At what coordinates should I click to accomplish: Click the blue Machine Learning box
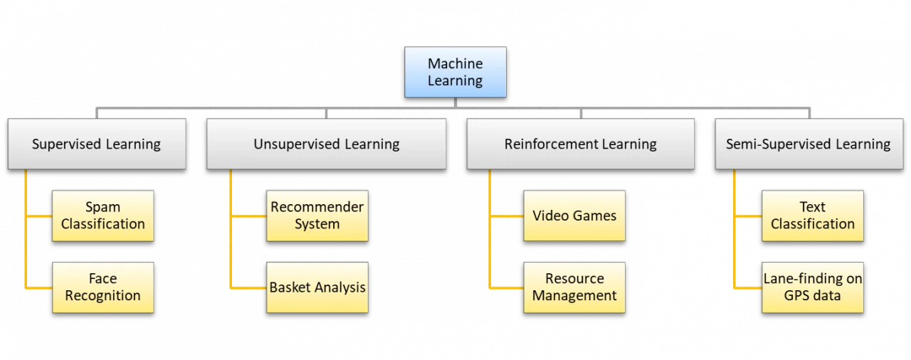pyautogui.click(x=455, y=72)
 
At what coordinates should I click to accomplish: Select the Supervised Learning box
pyautogui.click(x=97, y=144)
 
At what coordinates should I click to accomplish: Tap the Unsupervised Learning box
pyautogui.click(x=326, y=144)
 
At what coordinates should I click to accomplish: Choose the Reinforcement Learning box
pyautogui.click(x=580, y=144)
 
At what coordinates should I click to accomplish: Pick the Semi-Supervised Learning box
pyautogui.click(x=809, y=144)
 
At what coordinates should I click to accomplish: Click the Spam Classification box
pyautogui.click(x=103, y=216)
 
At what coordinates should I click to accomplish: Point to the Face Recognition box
pyautogui.click(x=103, y=287)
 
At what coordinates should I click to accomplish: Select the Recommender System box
pyautogui.click(x=317, y=216)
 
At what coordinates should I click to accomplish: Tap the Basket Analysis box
pyautogui.click(x=317, y=287)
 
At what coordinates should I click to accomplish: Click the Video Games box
pyautogui.click(x=574, y=216)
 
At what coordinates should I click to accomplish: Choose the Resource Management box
pyautogui.click(x=574, y=287)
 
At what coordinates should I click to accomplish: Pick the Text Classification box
pyautogui.click(x=813, y=216)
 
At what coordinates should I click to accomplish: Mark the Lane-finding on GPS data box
pyautogui.click(x=813, y=287)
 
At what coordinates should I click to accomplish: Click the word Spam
pyautogui.click(x=103, y=208)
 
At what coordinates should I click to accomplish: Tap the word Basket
pyautogui.click(x=289, y=287)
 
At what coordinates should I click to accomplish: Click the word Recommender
pyautogui.click(x=317, y=207)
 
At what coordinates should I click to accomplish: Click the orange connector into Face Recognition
pyautogui.click(x=38, y=287)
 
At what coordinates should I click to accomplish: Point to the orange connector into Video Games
pyautogui.click(x=506, y=216)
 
